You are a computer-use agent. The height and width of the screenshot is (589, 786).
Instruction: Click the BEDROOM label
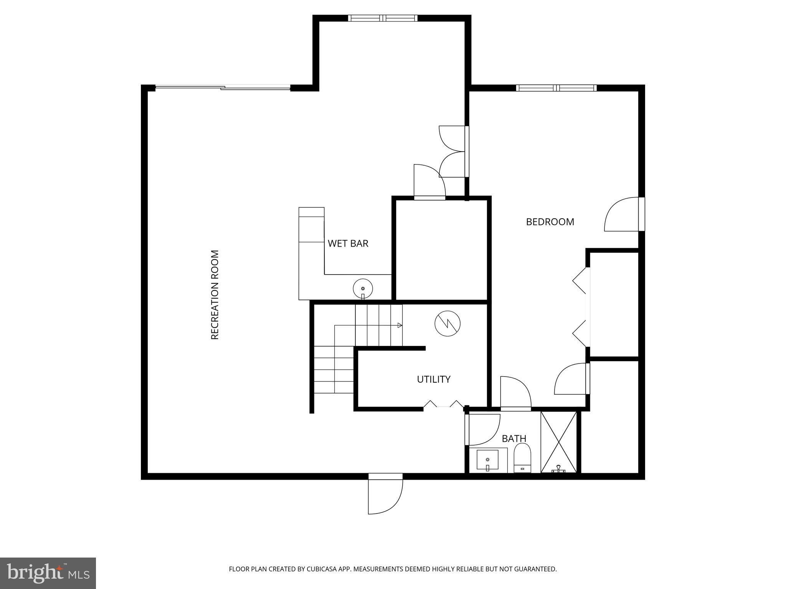[x=550, y=222]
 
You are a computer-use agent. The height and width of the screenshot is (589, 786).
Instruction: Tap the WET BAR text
[x=348, y=243]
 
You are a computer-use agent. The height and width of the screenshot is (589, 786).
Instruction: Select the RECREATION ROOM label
[x=215, y=294]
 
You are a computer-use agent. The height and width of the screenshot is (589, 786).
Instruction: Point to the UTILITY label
[x=433, y=379]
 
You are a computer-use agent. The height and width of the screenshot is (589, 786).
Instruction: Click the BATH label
[x=514, y=438]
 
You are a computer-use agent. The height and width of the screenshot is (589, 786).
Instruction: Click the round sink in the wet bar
[x=363, y=288]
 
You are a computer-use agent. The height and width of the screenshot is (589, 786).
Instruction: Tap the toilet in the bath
[x=522, y=458]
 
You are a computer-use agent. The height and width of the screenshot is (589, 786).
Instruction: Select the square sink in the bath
[x=487, y=460]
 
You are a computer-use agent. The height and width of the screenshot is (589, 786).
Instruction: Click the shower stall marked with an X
[x=558, y=442]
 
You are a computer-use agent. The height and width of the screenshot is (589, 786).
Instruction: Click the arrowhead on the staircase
[x=400, y=325]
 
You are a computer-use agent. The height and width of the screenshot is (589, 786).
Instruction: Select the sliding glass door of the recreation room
[x=223, y=88]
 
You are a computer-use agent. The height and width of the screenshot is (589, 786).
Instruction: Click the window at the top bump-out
[x=383, y=18]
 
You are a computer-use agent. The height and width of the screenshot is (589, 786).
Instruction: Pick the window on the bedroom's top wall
[x=556, y=88]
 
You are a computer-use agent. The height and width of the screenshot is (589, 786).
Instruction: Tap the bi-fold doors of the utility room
[x=443, y=405]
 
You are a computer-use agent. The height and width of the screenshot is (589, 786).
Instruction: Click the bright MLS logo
[x=48, y=573]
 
